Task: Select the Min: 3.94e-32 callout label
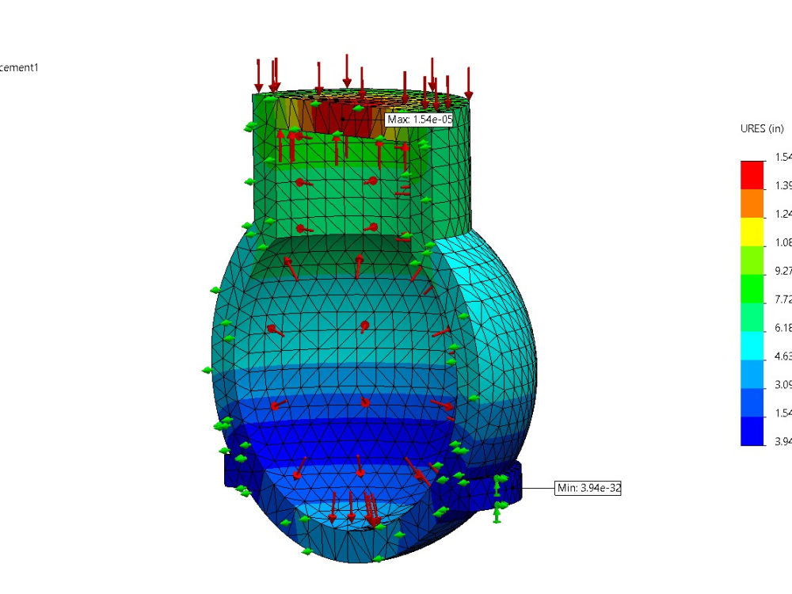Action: click(588, 488)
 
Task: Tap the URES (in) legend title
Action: click(762, 129)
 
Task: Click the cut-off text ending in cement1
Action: click(19, 67)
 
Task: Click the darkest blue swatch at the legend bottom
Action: click(752, 431)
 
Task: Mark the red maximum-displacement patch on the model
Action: click(341, 119)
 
